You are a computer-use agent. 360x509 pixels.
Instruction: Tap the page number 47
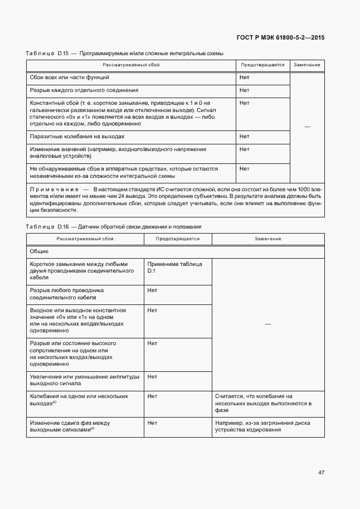click(321, 472)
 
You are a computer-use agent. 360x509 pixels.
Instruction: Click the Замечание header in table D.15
click(307, 65)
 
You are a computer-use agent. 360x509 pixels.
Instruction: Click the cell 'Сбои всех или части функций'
click(70, 77)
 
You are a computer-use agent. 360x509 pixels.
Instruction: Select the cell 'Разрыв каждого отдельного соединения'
click(84, 90)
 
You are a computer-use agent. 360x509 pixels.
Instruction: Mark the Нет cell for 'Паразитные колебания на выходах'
click(244, 136)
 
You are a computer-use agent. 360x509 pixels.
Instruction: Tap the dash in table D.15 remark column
click(307, 127)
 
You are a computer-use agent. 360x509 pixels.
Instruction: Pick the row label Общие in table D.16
click(39, 251)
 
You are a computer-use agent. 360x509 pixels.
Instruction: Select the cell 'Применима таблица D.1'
click(174, 267)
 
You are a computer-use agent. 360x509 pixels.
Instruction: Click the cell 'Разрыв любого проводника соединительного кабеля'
click(67, 294)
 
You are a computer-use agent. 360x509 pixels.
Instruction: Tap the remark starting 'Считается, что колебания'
click(262, 403)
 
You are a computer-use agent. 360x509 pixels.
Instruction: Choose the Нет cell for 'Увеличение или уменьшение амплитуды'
click(152, 377)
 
